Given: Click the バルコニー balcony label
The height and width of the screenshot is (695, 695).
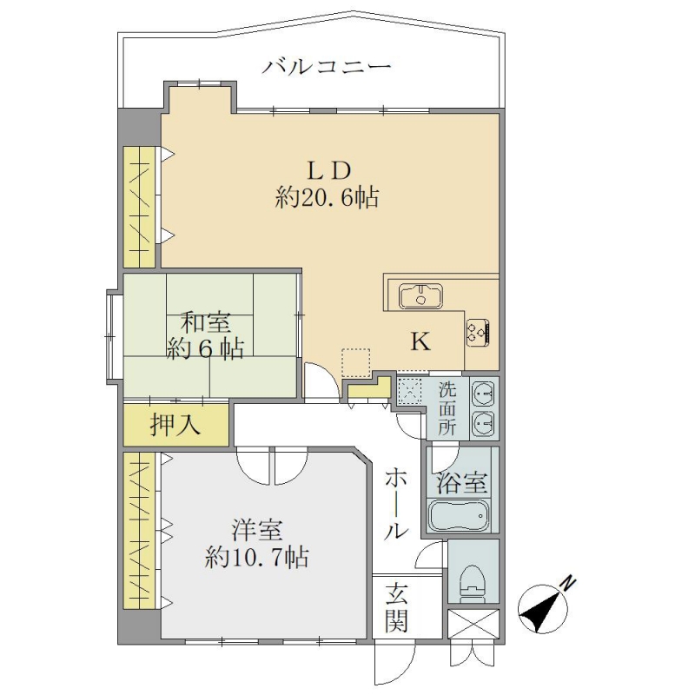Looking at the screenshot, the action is [327, 68].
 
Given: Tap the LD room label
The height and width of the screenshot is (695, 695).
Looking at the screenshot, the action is [329, 170].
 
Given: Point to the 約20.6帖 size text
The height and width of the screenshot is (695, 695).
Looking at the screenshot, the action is [328, 197].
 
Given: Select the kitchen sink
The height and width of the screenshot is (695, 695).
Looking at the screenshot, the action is [420, 296].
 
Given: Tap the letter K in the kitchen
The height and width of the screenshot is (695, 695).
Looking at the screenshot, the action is [420, 341].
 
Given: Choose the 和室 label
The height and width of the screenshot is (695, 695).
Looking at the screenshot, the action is [206, 322].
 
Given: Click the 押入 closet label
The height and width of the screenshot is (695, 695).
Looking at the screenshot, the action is [175, 424].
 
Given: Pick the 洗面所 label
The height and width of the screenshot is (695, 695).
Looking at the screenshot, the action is [447, 408].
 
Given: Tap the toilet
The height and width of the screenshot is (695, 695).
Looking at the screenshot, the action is [473, 583].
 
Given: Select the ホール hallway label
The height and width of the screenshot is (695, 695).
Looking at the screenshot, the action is [395, 505].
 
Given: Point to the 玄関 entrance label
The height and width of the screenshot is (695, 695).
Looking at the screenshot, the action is [396, 607].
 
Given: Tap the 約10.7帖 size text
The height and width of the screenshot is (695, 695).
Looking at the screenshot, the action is [257, 557].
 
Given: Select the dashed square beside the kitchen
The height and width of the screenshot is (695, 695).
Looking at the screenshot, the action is [356, 363].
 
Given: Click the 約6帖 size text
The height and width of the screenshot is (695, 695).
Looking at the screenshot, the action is [206, 350].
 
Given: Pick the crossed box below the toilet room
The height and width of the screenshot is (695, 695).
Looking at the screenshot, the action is [473, 624].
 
